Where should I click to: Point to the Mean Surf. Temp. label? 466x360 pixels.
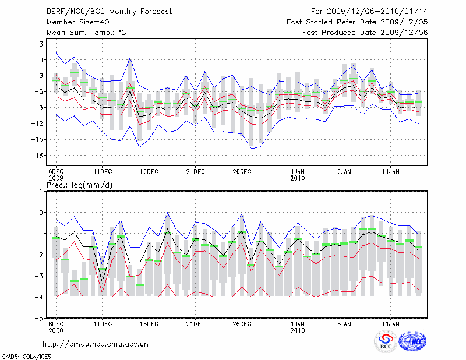point(86,33)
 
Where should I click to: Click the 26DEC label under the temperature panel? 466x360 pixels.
point(242,171)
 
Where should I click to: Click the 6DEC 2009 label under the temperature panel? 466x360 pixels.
point(56,175)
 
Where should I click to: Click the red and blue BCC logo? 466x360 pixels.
point(386,341)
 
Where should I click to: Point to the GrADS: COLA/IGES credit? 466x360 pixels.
point(20,355)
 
